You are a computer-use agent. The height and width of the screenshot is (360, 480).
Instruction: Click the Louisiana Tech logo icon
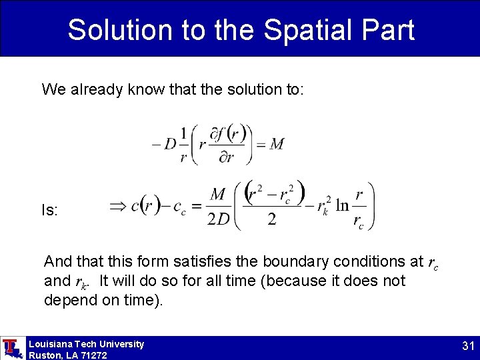11,348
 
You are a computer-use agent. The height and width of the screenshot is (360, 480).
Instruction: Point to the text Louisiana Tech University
86,344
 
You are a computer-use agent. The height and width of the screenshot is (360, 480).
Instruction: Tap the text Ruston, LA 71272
67,355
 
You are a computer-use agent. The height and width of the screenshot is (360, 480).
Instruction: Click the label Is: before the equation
50,211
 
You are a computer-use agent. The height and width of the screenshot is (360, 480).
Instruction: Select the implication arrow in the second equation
118,206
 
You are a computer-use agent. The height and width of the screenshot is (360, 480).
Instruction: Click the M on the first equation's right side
277,144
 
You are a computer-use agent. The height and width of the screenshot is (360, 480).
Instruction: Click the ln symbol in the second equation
342,206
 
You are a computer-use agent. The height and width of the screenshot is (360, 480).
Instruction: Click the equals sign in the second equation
196,207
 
